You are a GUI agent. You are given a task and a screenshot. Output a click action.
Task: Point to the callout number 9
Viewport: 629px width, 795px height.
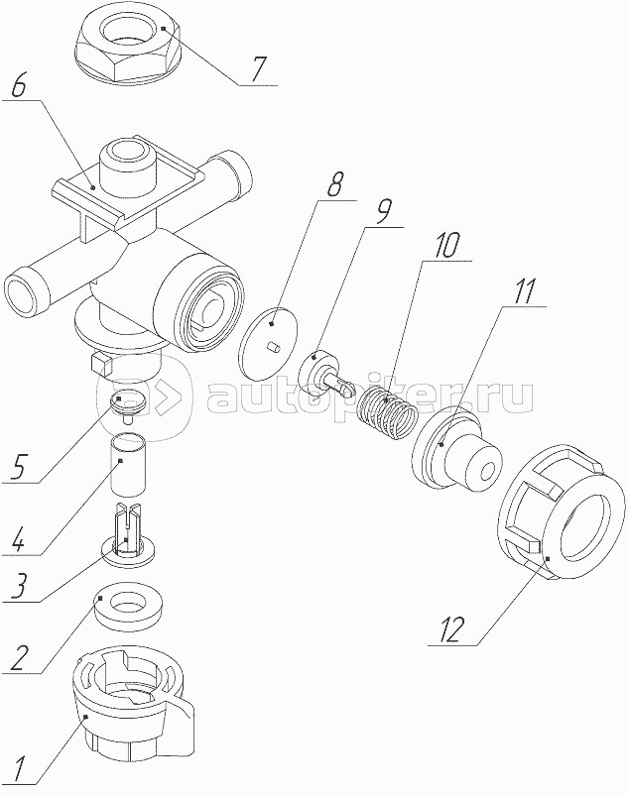pos(383,212)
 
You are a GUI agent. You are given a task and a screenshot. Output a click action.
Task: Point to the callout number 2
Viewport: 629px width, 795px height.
pos(17,659)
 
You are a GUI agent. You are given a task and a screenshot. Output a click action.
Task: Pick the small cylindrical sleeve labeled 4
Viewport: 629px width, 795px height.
pos(128,463)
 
